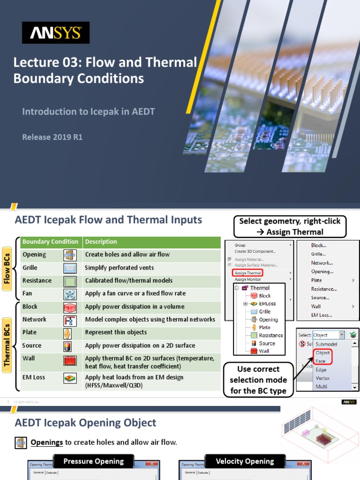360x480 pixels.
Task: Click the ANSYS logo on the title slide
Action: [x=56, y=33]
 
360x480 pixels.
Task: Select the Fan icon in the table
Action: [x=70, y=294]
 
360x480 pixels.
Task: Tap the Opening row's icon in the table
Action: [x=70, y=255]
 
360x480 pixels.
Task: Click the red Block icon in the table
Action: [x=70, y=307]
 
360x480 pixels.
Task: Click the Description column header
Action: [x=101, y=242]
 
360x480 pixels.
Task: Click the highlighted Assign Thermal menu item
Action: [x=247, y=273]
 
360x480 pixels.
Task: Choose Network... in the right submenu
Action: [x=322, y=263]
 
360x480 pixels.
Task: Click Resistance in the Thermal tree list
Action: [x=271, y=335]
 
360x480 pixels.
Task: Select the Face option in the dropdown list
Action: [x=321, y=361]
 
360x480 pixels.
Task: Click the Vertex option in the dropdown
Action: [x=322, y=378]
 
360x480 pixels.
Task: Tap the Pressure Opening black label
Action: [x=94, y=461]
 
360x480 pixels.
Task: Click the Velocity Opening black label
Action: [x=245, y=461]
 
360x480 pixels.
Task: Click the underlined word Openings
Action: [x=47, y=442]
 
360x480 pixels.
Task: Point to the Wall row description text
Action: [x=150, y=362]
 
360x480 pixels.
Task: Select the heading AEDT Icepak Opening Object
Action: [x=85, y=423]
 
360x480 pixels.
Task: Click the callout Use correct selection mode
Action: [x=258, y=380]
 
